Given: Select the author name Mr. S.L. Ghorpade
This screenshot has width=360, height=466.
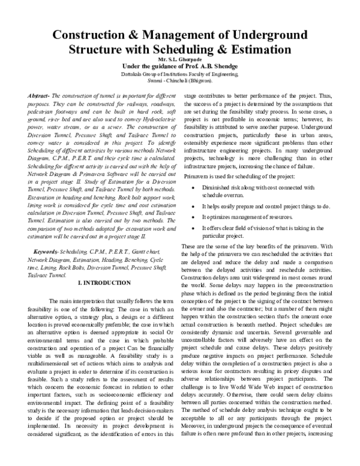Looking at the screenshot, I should (x=180, y=59).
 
